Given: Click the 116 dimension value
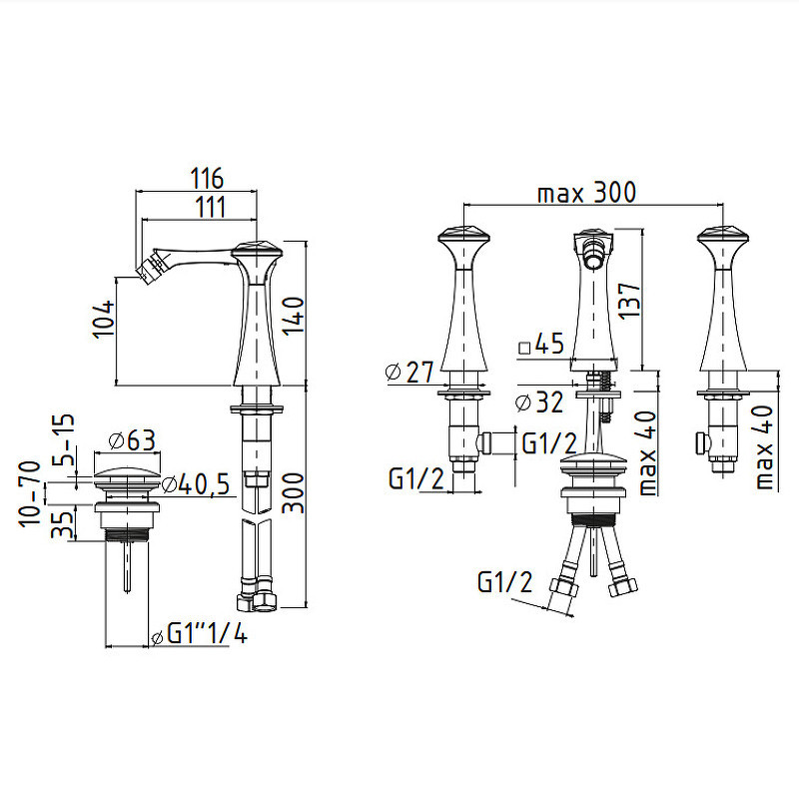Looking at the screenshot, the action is point(207,179).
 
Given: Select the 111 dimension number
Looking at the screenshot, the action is point(210,208).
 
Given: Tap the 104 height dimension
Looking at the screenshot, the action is point(104,320).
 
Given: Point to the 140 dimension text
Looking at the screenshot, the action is point(294,316).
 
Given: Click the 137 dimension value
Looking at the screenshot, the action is point(629,301).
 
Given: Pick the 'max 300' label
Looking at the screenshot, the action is point(587,193).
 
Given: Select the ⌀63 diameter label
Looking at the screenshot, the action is point(132,440).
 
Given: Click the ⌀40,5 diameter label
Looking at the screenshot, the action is point(196,484).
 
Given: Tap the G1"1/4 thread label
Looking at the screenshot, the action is point(200,635).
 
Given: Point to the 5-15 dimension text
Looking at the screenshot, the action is point(63,439).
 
